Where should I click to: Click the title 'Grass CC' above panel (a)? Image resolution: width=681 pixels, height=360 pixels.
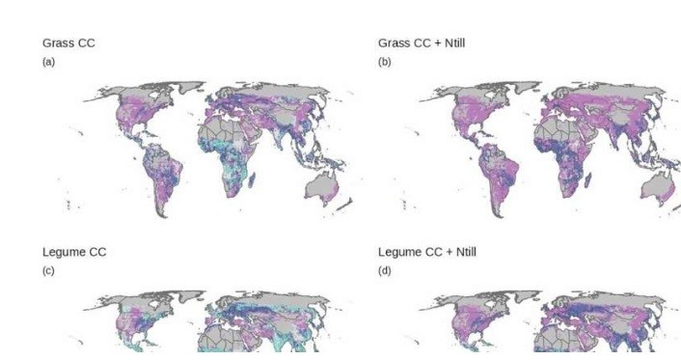point(68,43)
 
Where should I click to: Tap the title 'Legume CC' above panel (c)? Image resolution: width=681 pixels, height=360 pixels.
point(74,252)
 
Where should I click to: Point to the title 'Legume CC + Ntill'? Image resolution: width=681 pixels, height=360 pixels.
point(426,252)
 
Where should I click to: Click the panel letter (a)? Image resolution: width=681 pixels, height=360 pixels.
point(48,62)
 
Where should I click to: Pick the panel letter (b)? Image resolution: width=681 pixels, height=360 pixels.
point(384,62)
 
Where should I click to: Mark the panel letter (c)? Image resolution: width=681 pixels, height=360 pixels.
point(48,270)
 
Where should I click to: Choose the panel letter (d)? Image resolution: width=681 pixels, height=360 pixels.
point(384,270)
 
